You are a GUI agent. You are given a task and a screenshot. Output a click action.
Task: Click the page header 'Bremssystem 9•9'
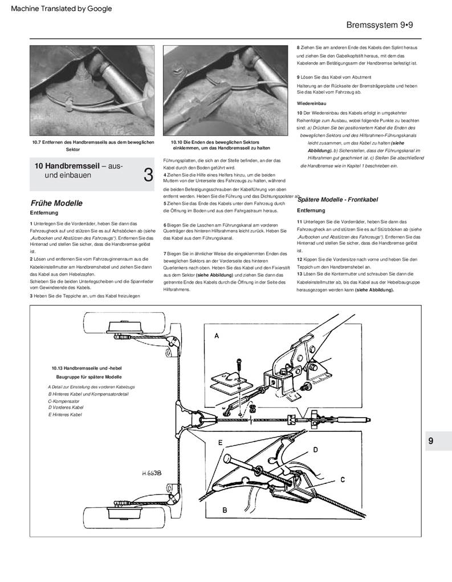[383, 26]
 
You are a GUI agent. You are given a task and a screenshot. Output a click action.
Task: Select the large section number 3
[148, 175]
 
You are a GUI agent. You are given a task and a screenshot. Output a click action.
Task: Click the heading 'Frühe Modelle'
[56, 203]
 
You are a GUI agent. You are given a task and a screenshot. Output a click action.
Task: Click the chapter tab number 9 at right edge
[431, 440]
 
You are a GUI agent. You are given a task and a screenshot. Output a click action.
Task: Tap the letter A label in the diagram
[216, 337]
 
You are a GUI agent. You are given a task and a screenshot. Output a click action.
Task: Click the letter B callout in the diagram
[225, 509]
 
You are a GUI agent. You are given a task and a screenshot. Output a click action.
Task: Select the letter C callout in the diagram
[343, 480]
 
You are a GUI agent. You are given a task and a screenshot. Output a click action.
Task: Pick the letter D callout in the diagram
[314, 450]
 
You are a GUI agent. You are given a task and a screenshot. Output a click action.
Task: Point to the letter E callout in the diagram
[220, 442]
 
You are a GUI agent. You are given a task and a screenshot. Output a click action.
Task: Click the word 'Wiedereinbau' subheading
[311, 103]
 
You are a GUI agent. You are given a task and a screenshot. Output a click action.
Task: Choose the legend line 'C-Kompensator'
[63, 401]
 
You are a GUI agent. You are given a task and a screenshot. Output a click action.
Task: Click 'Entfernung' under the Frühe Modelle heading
[46, 212]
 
